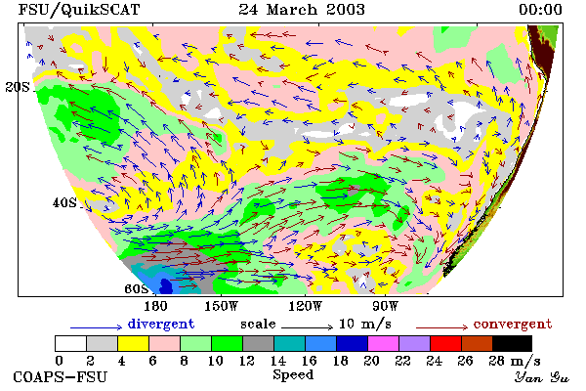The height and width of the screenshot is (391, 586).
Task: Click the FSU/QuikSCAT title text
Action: pyautogui.click(x=79, y=10)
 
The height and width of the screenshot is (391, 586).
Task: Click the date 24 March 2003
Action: pyautogui.click(x=302, y=10)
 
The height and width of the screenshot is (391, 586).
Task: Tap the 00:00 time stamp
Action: pyautogui.click(x=540, y=10)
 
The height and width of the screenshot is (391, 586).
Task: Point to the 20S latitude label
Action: pyautogui.click(x=18, y=87)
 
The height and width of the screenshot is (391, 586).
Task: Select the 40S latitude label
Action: pyautogui.click(x=64, y=202)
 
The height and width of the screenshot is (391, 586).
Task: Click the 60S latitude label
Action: pyautogui.click(x=137, y=288)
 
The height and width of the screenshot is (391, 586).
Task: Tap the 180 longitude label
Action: pyautogui.click(x=155, y=306)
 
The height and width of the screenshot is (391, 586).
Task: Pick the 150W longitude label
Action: pyautogui.click(x=221, y=306)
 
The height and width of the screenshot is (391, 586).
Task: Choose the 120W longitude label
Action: pyautogui.click(x=305, y=306)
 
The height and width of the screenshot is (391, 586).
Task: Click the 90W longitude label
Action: pyautogui.click(x=385, y=306)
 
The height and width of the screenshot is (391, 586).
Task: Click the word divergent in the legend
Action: pyautogui.click(x=161, y=324)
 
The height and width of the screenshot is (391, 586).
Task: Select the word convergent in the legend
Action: pyautogui.click(x=513, y=324)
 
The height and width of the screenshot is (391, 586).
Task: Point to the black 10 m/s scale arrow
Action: pyautogui.click(x=307, y=327)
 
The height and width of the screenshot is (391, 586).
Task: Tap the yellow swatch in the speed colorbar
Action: pyautogui.click(x=134, y=343)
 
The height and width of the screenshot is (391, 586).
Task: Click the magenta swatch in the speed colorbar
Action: pyautogui.click(x=384, y=343)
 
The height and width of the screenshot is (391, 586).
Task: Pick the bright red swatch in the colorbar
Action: pyautogui.click(x=446, y=343)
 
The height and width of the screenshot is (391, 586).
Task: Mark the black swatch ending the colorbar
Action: pyautogui.click(x=512, y=343)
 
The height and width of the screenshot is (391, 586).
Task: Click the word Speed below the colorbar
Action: pyautogui.click(x=293, y=375)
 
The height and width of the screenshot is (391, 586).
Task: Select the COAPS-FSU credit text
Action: pyautogui.click(x=61, y=376)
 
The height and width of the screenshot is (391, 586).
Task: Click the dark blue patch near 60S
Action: pyautogui.click(x=166, y=286)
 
